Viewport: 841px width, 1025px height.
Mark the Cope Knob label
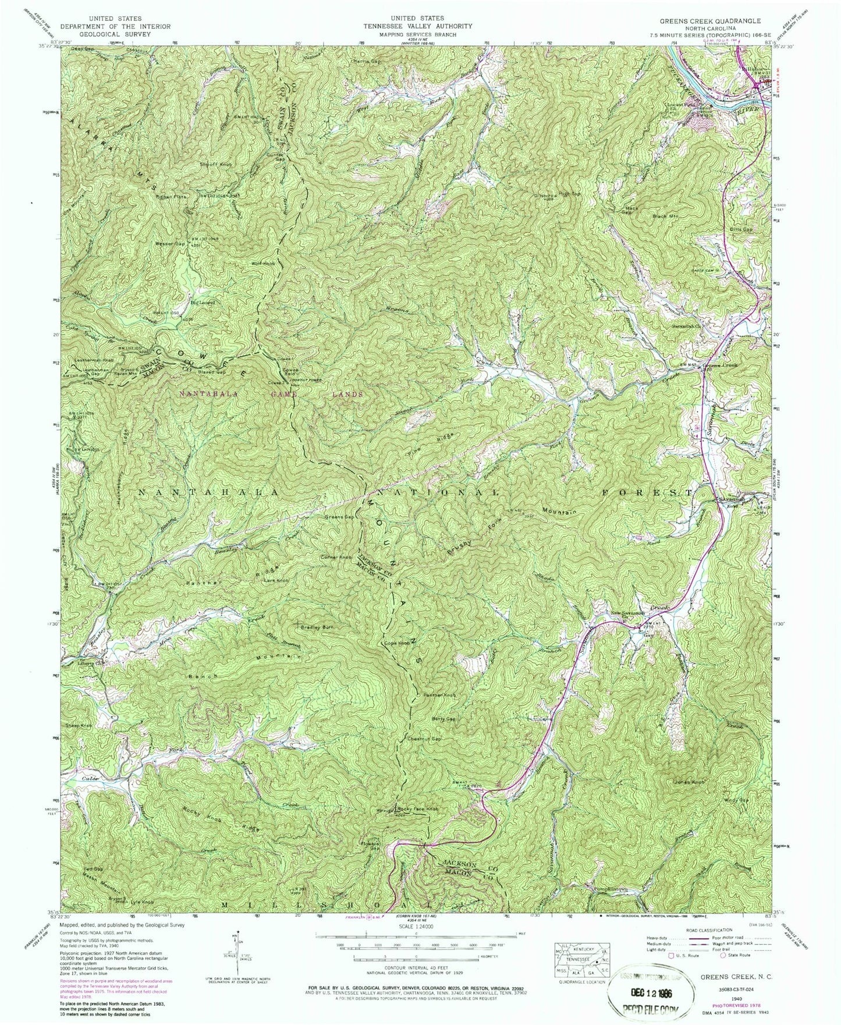coord(396,643)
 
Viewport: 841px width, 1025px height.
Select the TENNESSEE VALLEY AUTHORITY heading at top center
coord(417,26)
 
